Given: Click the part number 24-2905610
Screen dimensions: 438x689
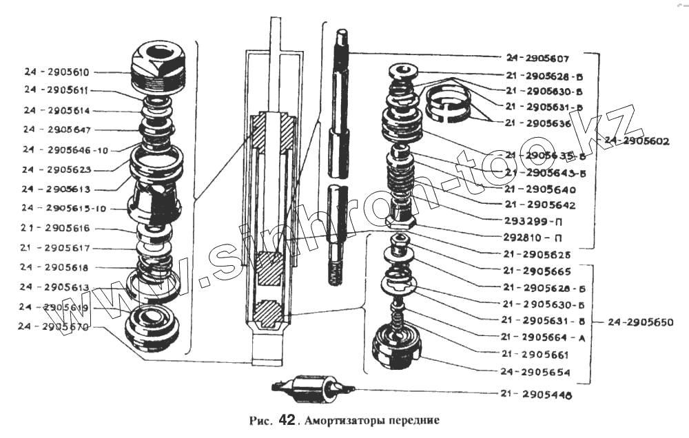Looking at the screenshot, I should point(56,72).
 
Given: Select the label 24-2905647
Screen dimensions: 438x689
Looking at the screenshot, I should point(56,129).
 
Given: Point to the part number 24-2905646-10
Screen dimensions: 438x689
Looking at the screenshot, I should point(61,149).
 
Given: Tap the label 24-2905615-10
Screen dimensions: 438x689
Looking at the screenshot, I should point(61,208).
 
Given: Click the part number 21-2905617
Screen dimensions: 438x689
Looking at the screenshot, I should point(56,248).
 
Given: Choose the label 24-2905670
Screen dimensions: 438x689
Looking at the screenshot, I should point(56,327).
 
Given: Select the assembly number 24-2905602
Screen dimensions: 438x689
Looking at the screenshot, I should point(637,141).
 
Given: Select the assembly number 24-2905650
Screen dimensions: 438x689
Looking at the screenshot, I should point(637,322).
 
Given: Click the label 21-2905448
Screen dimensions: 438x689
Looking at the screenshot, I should point(537,395).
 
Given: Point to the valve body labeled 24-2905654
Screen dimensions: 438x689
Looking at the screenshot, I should point(396,348).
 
